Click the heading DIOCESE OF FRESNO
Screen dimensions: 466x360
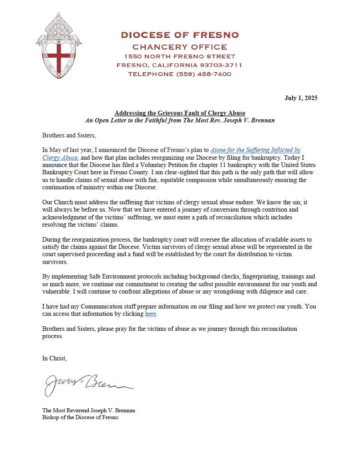[x=179, y=35]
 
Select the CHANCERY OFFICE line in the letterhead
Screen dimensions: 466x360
[x=179, y=47]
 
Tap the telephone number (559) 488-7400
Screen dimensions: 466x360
[x=203, y=74]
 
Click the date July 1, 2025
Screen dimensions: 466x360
[x=301, y=98]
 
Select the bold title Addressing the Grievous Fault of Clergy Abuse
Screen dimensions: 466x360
[x=180, y=113]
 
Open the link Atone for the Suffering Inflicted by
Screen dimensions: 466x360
[x=255, y=150]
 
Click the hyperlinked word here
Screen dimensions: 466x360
[x=151, y=314]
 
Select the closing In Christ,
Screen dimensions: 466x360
[x=55, y=358]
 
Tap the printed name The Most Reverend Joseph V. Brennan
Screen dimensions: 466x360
[x=89, y=410]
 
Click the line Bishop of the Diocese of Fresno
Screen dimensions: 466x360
[x=80, y=417]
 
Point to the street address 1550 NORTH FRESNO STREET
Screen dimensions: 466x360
[x=179, y=56]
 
